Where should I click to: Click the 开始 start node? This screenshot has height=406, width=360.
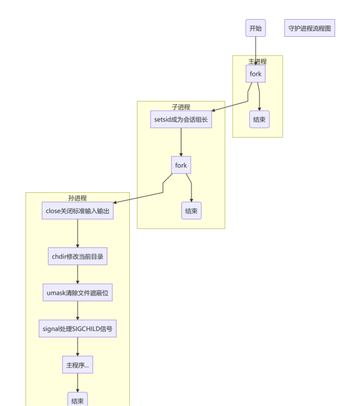[x=255, y=28]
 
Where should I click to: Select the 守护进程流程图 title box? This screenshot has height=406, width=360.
[x=309, y=28]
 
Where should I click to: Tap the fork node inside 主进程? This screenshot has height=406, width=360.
[x=255, y=74]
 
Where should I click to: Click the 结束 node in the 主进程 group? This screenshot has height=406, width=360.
[x=259, y=119]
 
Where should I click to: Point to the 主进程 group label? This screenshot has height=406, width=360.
[x=257, y=61]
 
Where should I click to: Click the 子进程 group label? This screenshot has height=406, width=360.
[x=181, y=107]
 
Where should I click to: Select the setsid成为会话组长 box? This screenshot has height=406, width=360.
[x=181, y=119]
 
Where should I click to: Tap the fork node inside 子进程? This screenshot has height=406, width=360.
[x=181, y=165]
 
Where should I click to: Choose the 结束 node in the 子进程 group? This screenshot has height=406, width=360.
[x=191, y=211]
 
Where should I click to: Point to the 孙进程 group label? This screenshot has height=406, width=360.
[x=77, y=198]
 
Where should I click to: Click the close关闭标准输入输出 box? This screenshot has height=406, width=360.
[x=77, y=211]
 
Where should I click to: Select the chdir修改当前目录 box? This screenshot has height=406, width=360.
[x=77, y=256]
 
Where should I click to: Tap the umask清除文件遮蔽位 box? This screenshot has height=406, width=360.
[x=77, y=293]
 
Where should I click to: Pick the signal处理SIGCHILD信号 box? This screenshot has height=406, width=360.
[x=77, y=329]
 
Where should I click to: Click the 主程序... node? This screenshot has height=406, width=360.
[x=77, y=365]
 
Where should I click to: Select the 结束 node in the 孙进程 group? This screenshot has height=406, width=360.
[x=77, y=400]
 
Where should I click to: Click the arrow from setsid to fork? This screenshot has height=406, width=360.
[x=181, y=142]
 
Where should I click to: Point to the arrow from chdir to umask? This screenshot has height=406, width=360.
[x=77, y=274]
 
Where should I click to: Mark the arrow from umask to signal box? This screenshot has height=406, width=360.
[x=77, y=311]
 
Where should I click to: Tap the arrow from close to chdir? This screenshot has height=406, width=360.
[x=77, y=234]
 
